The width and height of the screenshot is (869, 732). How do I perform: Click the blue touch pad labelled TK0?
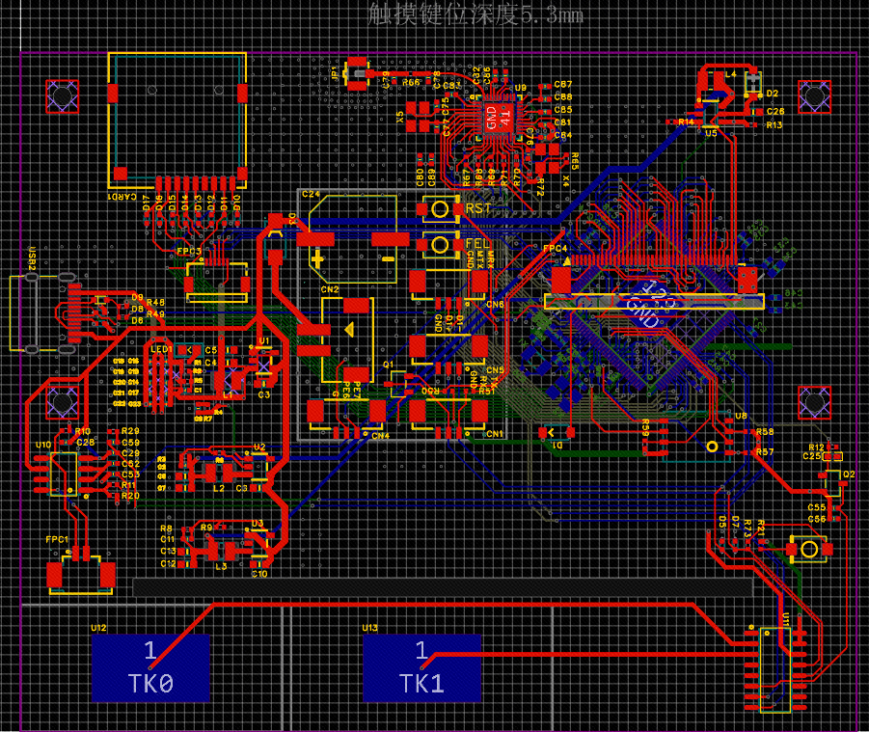(150, 666)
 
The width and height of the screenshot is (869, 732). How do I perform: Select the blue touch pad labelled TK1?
(421, 666)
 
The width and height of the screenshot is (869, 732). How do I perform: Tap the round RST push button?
(440, 208)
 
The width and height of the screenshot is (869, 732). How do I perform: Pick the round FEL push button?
(440, 244)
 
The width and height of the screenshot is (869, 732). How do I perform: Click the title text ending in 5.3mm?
(475, 14)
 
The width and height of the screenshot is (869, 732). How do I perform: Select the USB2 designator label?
(32, 260)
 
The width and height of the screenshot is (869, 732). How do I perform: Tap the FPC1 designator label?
(56, 539)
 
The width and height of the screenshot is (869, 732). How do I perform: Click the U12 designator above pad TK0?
(98, 628)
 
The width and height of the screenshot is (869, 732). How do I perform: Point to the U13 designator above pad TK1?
(369, 628)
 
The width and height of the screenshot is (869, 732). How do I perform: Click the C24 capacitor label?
(311, 194)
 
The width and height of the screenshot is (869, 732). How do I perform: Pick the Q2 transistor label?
(849, 474)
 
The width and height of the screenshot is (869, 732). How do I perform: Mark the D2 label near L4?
(772, 94)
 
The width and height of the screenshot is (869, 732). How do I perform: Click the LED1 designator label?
(160, 348)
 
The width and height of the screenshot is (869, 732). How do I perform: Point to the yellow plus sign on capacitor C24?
(317, 258)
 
